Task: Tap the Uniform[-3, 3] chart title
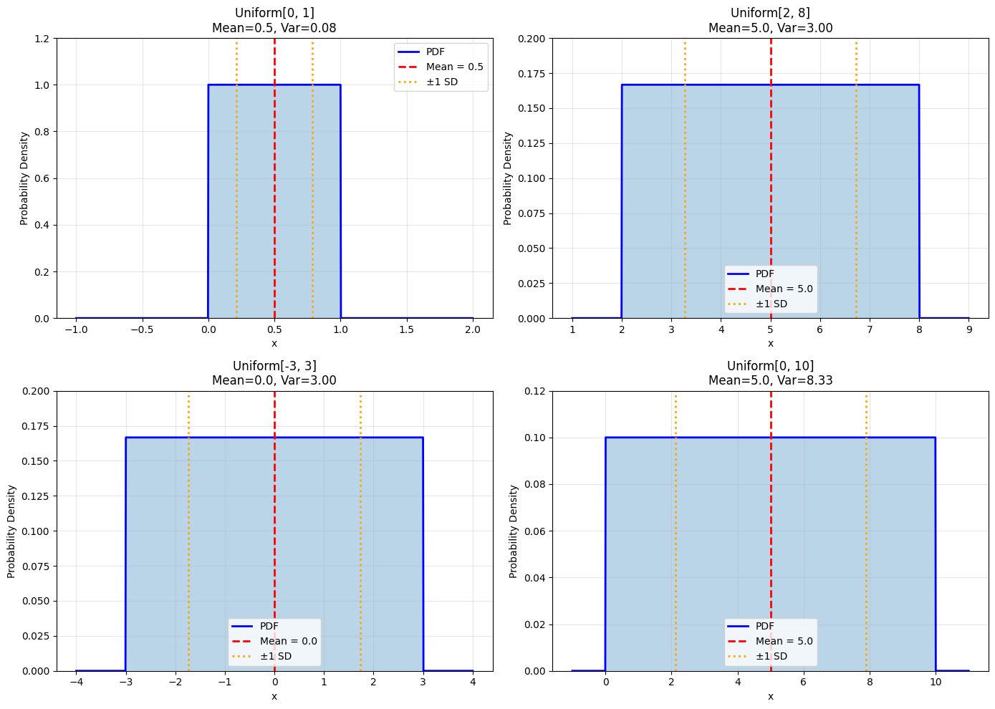274,366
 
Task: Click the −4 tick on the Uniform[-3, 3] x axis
76,682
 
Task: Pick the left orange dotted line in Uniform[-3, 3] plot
188,530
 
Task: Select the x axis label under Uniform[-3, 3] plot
274,696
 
